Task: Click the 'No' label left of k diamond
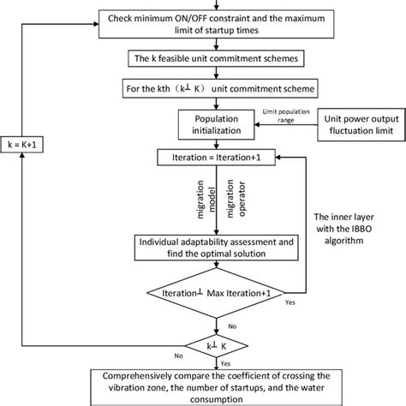154,355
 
